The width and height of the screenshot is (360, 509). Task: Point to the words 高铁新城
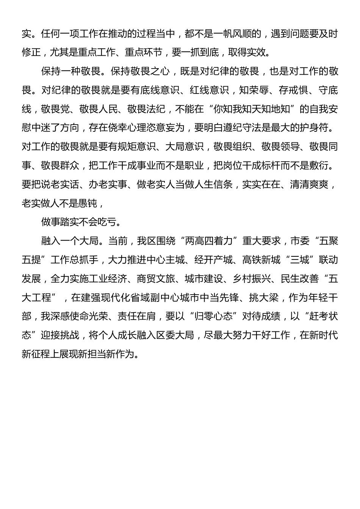[x=261, y=260]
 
